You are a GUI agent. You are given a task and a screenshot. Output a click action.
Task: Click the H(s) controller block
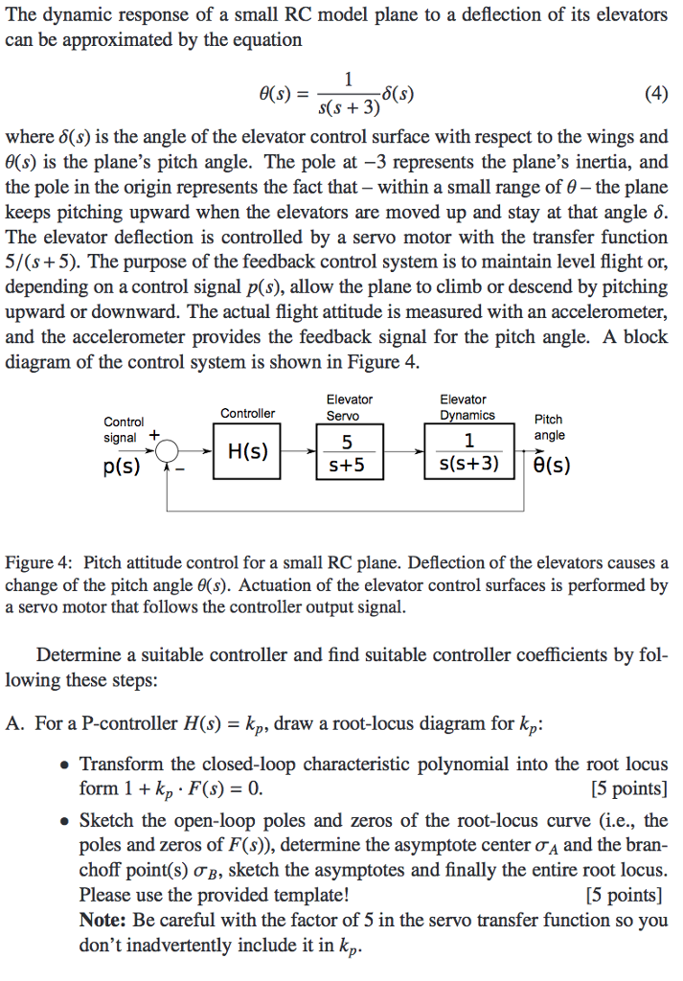point(247,451)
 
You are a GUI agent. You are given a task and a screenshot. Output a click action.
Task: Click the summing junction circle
point(169,450)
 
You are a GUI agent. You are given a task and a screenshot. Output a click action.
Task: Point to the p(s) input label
point(122,468)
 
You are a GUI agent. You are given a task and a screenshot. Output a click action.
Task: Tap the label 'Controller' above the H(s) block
point(247,413)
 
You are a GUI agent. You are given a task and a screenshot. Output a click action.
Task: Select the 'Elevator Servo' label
point(349,407)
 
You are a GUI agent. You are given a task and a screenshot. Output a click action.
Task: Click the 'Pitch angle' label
point(548,427)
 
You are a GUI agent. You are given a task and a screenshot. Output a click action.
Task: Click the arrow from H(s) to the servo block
point(299,450)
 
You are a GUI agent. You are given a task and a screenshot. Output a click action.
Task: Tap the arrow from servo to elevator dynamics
point(404,450)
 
